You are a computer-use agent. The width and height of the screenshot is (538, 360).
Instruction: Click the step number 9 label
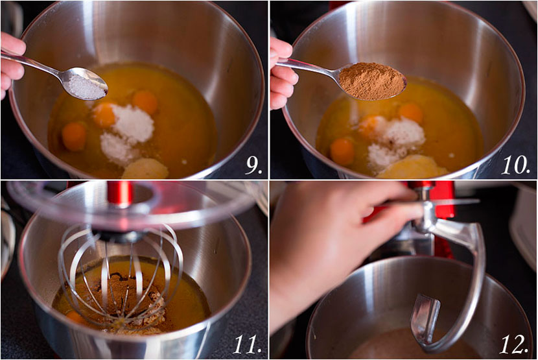pos(254,165)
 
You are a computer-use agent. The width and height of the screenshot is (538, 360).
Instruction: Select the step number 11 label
pos(247,344)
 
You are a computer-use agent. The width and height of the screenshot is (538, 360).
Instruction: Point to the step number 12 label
pos(513,344)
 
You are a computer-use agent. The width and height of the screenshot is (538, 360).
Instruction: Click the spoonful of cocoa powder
pos(372,80)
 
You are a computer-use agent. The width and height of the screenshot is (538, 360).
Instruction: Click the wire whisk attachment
pos(120,275)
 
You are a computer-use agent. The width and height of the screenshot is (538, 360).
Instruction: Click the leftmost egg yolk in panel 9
pos(74,136)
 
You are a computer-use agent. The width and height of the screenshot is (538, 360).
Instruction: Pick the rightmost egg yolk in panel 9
pos(145,102)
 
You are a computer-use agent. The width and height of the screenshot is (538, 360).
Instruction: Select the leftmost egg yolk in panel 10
pos(342,152)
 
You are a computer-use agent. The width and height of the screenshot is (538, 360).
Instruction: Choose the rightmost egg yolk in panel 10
pos(411,113)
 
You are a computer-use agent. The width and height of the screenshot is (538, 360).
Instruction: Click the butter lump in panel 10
pos(412,167)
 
